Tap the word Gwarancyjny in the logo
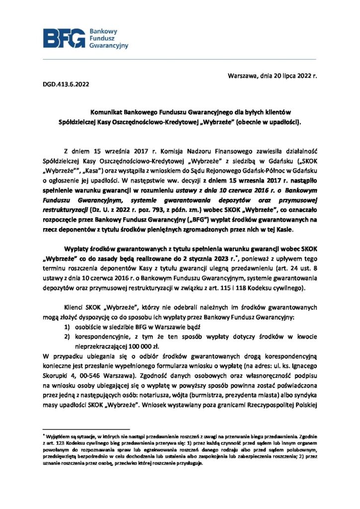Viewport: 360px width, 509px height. pos(108,46)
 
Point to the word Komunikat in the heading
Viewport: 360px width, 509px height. pos(107,112)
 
